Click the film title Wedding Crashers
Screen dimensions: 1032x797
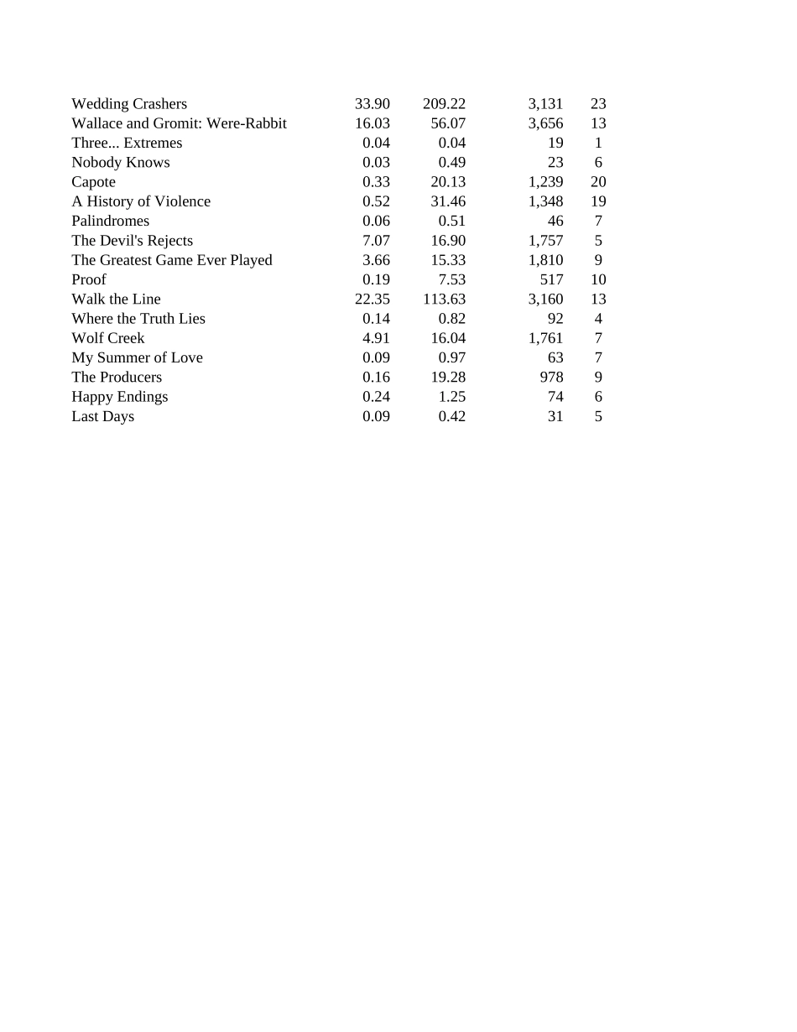pos(129,104)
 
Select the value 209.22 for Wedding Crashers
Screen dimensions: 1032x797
pos(444,104)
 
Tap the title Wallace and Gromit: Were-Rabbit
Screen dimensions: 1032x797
pos(179,123)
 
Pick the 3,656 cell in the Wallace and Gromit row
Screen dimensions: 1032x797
pos(545,123)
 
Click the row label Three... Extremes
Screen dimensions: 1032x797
pos(127,143)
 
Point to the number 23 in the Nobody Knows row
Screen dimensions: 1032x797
pos(555,163)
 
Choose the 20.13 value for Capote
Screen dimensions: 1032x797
pos(448,182)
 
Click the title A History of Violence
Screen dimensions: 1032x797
pos(141,201)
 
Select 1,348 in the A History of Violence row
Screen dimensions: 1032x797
pos(545,201)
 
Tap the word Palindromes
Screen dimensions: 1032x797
pos(110,221)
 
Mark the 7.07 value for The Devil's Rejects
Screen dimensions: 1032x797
pos(376,241)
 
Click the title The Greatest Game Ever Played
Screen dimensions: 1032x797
pos(172,260)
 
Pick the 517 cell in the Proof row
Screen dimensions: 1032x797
pos(551,279)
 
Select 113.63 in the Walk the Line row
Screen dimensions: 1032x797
pos(444,300)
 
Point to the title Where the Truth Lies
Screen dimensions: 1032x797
pos(138,319)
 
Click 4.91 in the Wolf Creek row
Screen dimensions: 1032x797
pos(376,338)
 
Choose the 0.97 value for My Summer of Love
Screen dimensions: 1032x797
pos(452,357)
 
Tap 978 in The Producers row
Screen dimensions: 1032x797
pos(551,378)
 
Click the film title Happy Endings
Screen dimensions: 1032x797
pos(119,397)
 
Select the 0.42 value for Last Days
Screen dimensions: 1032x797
pos(452,416)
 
